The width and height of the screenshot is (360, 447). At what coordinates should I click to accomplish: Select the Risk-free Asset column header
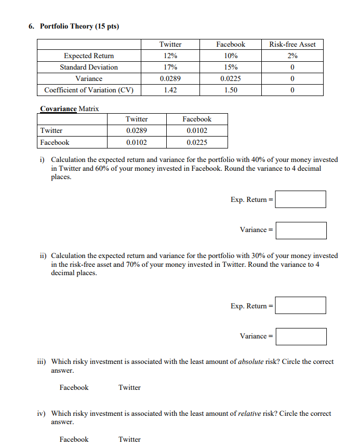(x=292, y=44)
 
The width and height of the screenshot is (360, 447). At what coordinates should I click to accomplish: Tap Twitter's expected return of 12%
(x=170, y=56)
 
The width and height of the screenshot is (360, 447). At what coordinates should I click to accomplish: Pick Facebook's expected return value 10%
(x=231, y=56)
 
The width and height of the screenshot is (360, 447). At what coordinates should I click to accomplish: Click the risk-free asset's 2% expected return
(x=292, y=56)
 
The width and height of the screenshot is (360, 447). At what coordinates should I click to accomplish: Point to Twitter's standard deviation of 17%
(x=170, y=67)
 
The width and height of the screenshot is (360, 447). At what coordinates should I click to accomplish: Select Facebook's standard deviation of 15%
(x=231, y=67)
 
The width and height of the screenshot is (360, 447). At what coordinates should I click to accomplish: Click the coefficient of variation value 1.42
(x=170, y=90)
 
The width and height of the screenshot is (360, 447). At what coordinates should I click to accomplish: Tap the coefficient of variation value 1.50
(x=231, y=90)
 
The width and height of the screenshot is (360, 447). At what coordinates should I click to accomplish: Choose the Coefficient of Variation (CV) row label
(x=89, y=90)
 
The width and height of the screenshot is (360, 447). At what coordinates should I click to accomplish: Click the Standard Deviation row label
(x=89, y=67)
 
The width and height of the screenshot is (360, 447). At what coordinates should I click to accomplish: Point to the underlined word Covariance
(x=58, y=109)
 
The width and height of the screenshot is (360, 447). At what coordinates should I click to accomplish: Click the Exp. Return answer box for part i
(x=300, y=199)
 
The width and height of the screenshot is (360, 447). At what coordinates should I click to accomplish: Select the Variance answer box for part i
(x=301, y=230)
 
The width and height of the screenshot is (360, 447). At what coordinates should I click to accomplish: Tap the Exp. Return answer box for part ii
(x=300, y=305)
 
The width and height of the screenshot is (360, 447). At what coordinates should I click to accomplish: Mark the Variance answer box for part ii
(x=301, y=336)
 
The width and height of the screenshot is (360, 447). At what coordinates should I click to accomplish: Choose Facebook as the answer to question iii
(x=74, y=387)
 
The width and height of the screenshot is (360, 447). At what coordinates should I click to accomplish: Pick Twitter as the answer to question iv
(x=129, y=439)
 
